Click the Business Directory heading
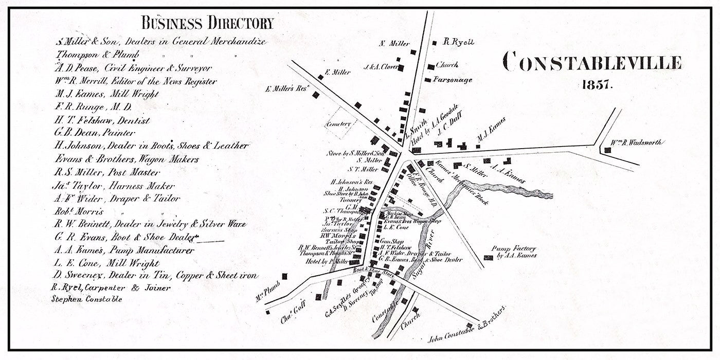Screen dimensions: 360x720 (207, 23)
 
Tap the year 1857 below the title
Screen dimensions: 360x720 (597, 85)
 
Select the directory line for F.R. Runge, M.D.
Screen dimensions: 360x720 (93, 107)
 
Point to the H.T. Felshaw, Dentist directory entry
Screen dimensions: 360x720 (102, 121)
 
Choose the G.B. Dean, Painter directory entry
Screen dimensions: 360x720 (95, 133)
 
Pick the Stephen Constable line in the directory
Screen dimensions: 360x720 (87, 299)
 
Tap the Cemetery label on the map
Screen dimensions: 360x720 (338, 124)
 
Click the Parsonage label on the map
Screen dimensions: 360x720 (452, 80)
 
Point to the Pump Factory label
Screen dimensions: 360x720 (514, 251)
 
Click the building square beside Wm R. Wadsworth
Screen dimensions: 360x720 (607, 150)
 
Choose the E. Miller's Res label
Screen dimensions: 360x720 (286, 89)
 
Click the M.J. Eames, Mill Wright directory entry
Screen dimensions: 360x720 (106, 94)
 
